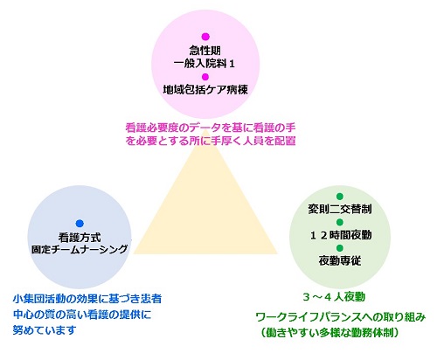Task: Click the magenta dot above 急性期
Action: click(205, 37)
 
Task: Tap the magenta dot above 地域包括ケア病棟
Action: click(205, 77)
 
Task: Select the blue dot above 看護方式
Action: click(80, 224)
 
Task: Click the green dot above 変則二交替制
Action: click(340, 197)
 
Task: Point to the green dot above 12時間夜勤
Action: click(340, 222)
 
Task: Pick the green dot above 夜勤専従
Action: click(340, 248)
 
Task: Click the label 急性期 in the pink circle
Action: click(205, 51)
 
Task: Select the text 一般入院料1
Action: click(205, 64)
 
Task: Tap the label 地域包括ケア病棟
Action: click(205, 90)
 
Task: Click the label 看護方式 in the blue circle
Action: click(80, 238)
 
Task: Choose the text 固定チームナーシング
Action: click(80, 249)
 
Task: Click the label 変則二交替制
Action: click(340, 209)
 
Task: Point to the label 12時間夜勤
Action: click(341, 235)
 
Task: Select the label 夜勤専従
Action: click(340, 260)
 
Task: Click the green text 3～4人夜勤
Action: click(334, 297)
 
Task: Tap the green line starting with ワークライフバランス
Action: click(341, 317)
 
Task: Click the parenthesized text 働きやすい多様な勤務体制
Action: click(329, 333)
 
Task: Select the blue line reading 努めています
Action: click(45, 330)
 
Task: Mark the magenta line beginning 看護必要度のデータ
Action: click(211, 128)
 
